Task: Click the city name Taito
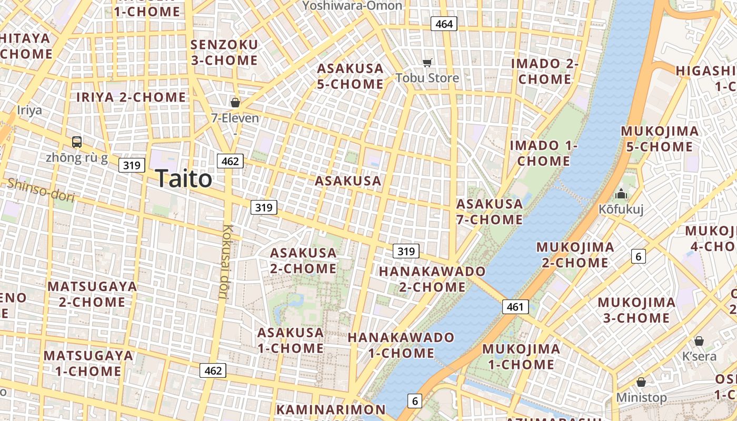(x=184, y=179)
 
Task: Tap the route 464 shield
(x=444, y=24)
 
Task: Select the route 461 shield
(x=515, y=307)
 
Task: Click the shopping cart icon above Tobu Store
(x=427, y=63)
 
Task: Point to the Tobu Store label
(x=427, y=78)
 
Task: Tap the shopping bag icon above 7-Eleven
(x=235, y=102)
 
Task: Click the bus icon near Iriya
(x=77, y=142)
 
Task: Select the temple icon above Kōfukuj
(x=621, y=194)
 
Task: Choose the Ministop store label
(x=641, y=397)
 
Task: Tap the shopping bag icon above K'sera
(x=699, y=341)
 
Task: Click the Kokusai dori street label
(x=226, y=262)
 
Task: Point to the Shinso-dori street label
(x=41, y=189)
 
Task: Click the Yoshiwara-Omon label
(x=353, y=6)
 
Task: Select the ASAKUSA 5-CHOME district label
(x=350, y=76)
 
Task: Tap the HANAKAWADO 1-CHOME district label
(x=401, y=345)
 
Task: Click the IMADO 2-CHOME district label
(x=545, y=72)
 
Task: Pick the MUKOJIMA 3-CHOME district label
(x=636, y=310)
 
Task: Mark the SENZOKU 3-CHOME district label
(x=224, y=53)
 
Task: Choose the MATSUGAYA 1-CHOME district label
(x=88, y=363)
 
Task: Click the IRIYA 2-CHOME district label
(x=131, y=97)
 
